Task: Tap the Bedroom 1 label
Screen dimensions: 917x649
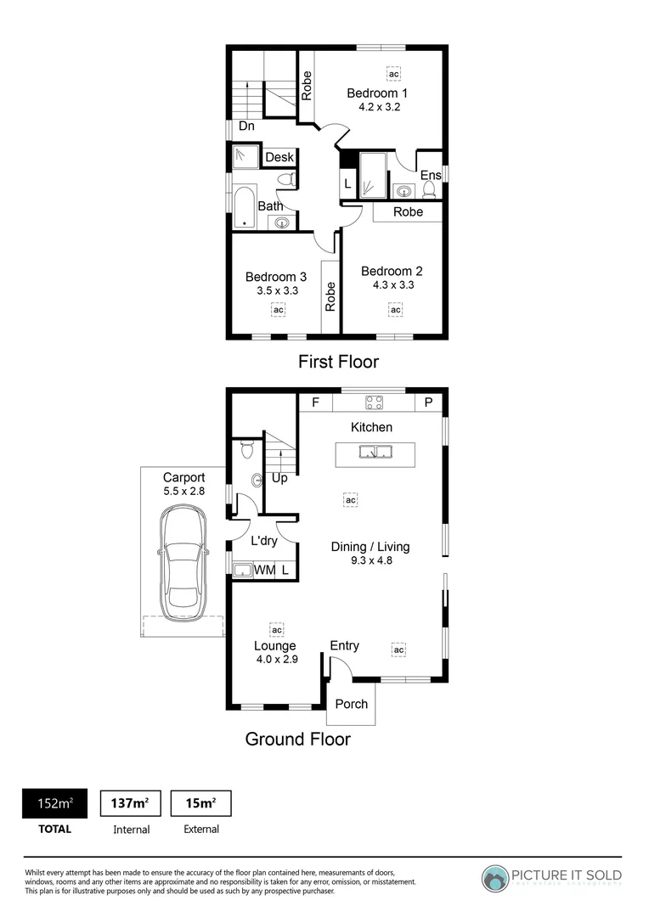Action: click(377, 93)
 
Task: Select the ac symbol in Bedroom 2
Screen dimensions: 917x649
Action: click(395, 311)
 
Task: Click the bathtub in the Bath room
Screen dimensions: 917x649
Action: click(245, 206)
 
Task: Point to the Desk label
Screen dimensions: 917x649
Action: click(279, 158)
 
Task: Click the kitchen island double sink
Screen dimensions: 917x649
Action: click(374, 452)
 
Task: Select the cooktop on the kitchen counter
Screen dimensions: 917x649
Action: click(374, 402)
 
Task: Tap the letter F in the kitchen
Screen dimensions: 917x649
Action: click(315, 402)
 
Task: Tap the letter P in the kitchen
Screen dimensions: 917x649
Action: click(428, 402)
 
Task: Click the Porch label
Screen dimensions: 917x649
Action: click(351, 704)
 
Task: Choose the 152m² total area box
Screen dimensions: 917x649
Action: click(54, 803)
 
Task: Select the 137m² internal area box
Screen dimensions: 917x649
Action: click(131, 803)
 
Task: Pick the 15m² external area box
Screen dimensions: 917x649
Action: click(201, 803)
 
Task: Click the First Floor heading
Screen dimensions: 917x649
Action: click(338, 362)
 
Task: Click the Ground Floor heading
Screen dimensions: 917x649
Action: click(297, 739)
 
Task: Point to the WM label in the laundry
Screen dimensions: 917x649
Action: click(264, 571)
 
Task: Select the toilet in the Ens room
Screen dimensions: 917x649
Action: click(429, 188)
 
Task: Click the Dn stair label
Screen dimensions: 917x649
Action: click(246, 127)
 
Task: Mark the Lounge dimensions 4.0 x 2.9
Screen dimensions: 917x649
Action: click(275, 660)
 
